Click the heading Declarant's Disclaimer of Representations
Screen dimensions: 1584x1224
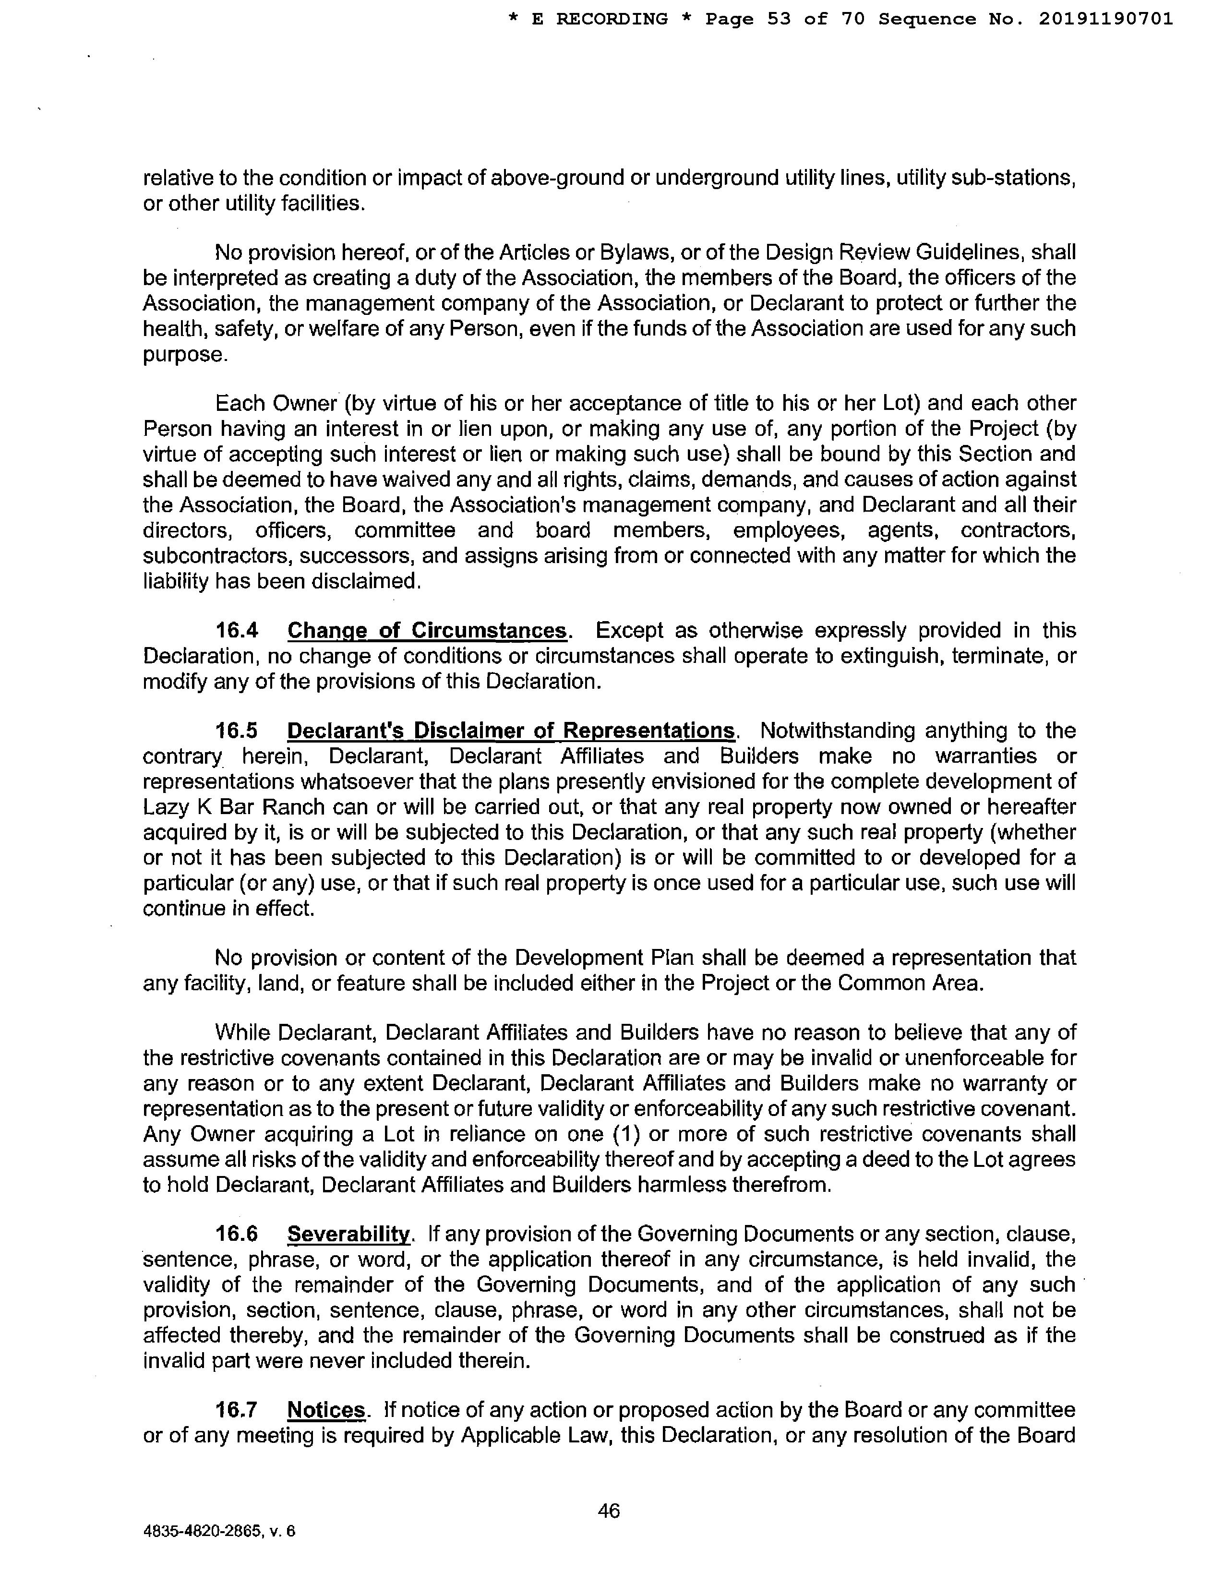[x=511, y=731]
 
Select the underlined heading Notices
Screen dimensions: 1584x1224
[x=326, y=1410]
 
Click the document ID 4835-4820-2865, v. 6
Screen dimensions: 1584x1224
[x=219, y=1532]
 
